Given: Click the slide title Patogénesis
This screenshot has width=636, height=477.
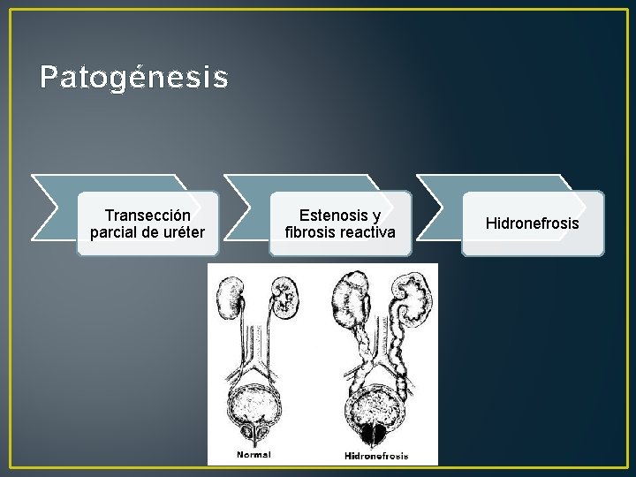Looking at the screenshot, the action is click(x=133, y=78).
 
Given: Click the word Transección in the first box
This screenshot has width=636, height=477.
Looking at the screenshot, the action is click(x=148, y=216).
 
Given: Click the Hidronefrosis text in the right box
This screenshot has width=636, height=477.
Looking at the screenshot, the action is click(x=532, y=223).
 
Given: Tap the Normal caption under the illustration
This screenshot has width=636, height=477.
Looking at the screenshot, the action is click(x=254, y=455).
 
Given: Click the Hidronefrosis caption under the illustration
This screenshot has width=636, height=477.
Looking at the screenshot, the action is click(x=375, y=456).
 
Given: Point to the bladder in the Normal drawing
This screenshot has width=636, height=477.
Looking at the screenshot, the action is click(x=256, y=402).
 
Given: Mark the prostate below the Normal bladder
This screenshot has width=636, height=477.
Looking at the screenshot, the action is click(x=256, y=432).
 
